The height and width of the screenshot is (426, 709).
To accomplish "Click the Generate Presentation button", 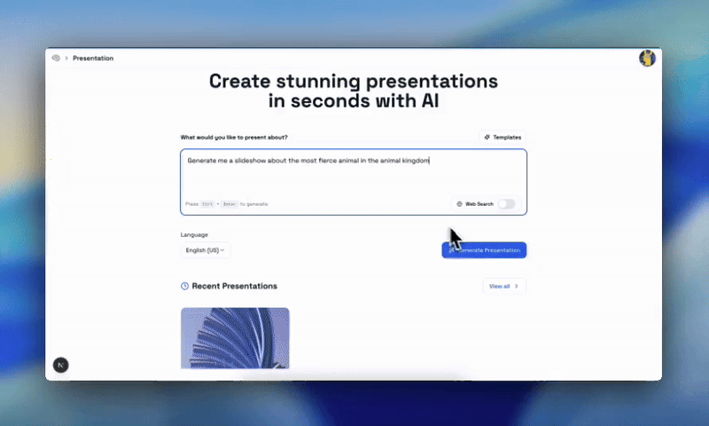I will pos(484,250).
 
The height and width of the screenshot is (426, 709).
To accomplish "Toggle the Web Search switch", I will pos(505,204).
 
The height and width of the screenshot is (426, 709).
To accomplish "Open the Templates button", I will pos(503,138).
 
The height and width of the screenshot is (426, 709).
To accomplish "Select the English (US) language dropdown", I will pos(205,250).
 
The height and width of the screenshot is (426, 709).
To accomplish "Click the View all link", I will pos(504,286).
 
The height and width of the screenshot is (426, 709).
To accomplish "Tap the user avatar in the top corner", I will pos(647,59).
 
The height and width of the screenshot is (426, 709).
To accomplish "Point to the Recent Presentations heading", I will pos(234,286).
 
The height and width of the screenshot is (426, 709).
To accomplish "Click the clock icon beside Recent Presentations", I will pos(184,286).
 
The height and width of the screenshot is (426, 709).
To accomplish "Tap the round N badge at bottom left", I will pos(60,365).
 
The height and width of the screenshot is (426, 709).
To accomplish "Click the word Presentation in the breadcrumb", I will pos(93,59).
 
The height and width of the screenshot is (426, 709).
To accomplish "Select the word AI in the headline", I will pos(428,101).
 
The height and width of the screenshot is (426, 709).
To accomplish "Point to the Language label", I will pos(194,235).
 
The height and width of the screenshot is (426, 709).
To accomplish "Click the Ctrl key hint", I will pos(206,204).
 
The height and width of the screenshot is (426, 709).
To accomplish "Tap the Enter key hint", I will pos(230,204).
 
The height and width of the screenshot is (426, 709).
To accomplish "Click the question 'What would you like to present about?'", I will pos(234,138).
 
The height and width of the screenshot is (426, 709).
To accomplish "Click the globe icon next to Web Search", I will pos(459,204).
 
